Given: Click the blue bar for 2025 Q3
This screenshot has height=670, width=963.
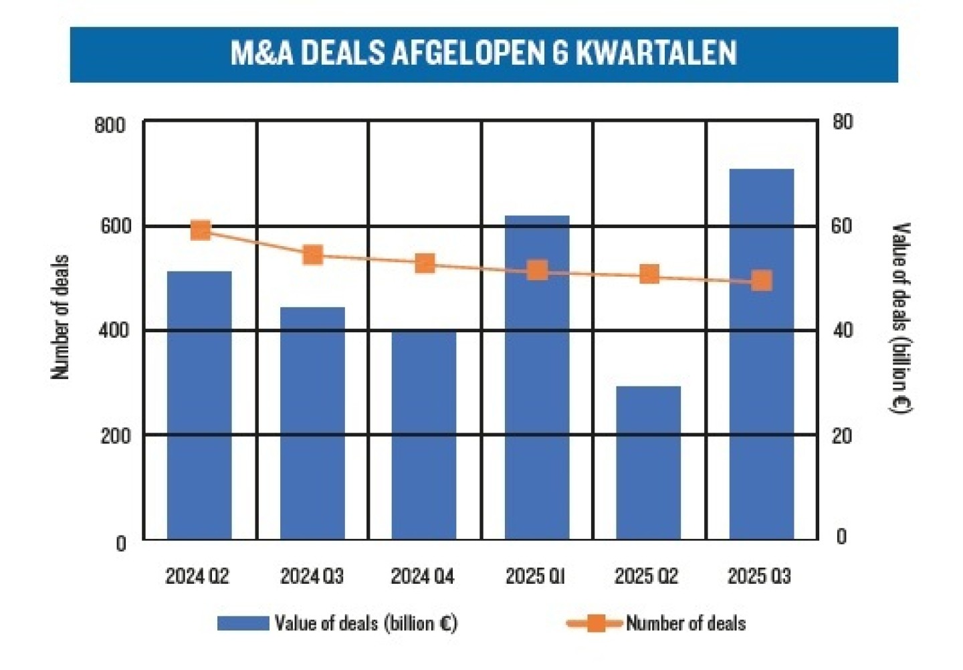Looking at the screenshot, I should point(761,354).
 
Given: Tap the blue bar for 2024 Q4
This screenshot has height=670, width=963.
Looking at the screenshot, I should point(424,435).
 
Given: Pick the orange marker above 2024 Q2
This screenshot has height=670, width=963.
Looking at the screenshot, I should point(201,230).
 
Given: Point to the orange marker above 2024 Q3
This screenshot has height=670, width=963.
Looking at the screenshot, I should point(313,255).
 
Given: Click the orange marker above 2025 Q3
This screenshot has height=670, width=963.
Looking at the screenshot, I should point(761,281).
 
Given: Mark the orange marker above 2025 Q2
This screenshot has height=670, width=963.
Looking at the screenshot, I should point(649,274).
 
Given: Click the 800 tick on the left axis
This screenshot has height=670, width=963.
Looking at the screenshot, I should point(110,126).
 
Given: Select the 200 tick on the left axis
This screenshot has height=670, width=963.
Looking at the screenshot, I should point(115,436).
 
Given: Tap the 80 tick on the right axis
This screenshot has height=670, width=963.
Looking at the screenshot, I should point(843,122).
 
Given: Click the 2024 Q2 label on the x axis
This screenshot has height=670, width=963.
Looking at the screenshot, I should point(197,576).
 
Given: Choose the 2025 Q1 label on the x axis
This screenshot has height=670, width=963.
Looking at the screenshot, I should point(535,576).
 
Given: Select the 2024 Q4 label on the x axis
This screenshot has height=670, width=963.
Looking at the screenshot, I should point(423,576).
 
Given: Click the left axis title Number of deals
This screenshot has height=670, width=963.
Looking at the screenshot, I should point(60,318).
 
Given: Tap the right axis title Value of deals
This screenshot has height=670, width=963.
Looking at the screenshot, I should point(901,318).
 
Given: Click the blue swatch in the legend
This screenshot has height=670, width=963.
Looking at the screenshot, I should point(242,624).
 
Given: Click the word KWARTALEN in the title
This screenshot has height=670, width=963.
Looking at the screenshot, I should point(656,53).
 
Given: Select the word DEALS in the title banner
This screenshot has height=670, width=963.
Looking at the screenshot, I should point(342,53).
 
